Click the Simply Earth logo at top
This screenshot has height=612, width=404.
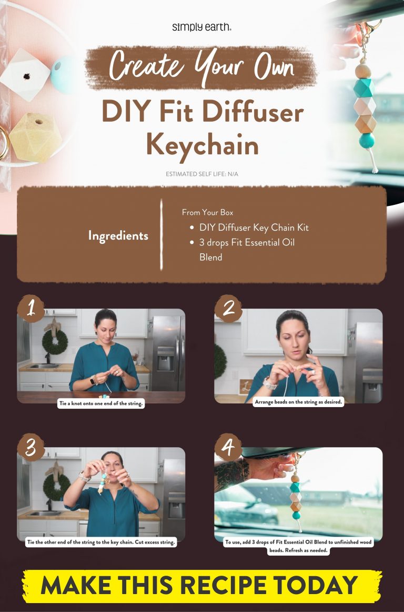201,27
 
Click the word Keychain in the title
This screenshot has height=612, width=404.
201,144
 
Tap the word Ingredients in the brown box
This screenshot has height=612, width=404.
118,235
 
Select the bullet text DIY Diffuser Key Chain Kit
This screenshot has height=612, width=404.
254,228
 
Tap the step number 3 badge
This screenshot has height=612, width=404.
31,448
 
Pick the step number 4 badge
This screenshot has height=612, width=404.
228,448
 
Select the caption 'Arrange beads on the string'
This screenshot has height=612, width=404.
298,402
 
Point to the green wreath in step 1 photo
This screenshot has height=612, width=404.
55,342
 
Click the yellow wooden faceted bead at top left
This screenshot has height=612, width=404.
35,137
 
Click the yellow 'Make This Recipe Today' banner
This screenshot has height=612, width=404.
201,585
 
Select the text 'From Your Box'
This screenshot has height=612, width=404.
207,213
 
